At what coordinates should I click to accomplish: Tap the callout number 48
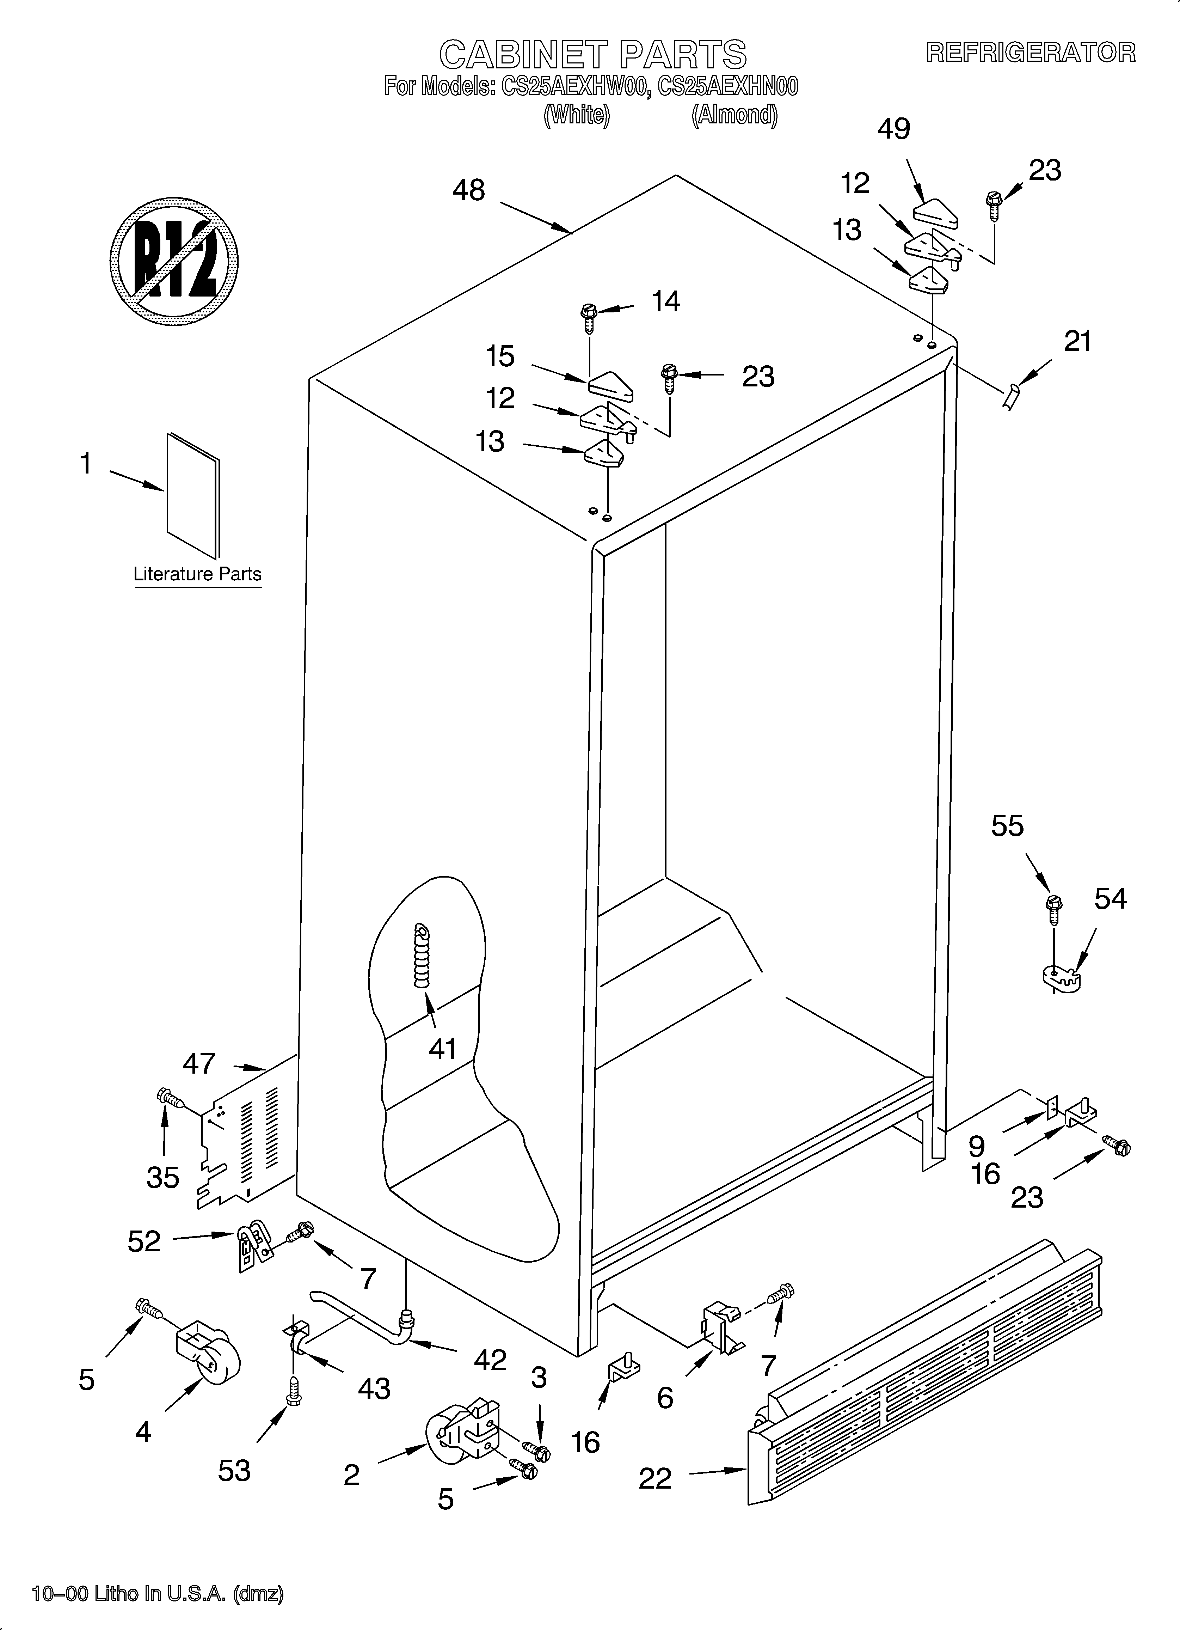click(468, 190)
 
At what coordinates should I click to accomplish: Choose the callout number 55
click(1007, 826)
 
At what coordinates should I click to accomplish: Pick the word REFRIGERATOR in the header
click(1031, 53)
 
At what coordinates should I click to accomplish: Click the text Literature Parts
click(198, 574)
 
